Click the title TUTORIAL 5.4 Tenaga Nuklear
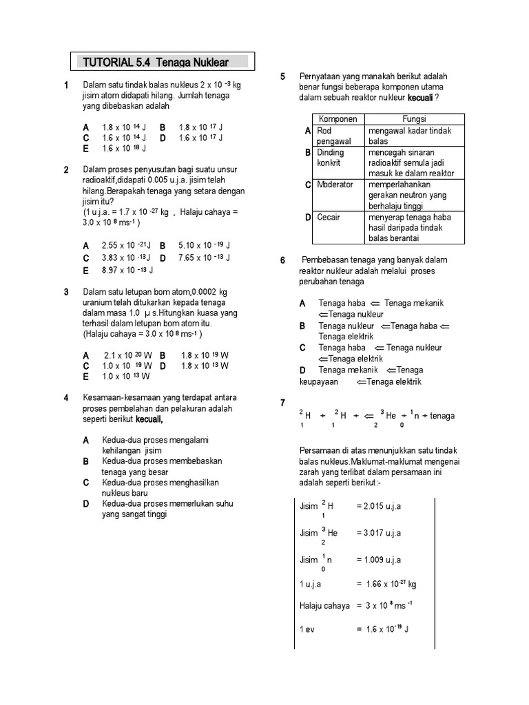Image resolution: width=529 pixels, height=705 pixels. click(x=164, y=62)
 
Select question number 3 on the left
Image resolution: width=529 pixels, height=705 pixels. click(x=66, y=292)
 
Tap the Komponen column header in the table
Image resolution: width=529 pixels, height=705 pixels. click(x=338, y=119)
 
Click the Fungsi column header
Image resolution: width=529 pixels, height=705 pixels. click(x=414, y=119)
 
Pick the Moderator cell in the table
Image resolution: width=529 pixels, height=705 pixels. click(x=335, y=185)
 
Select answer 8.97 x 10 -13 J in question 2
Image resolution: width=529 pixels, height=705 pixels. click(x=127, y=271)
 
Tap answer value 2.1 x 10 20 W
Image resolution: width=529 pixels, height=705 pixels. click(x=127, y=355)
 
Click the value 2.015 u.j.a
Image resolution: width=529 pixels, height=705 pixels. click(x=378, y=506)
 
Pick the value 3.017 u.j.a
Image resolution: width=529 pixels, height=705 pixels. click(x=378, y=533)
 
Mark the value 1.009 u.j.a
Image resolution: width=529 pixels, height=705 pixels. click(x=378, y=560)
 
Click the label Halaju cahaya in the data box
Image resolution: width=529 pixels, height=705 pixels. click(x=324, y=605)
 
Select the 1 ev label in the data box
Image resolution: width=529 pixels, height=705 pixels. click(x=307, y=629)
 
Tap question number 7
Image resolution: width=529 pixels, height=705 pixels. click(x=282, y=403)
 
